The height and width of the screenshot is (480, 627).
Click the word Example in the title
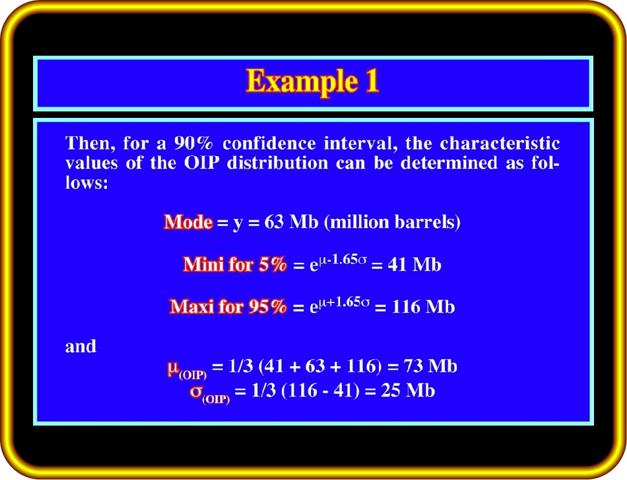[301, 82]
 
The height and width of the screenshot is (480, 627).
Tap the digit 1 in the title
[372, 81]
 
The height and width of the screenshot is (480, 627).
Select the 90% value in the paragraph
[194, 143]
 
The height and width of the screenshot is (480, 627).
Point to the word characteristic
[500, 143]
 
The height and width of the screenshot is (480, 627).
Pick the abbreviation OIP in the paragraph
[201, 163]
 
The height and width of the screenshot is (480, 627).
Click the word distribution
[277, 163]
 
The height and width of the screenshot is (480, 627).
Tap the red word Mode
[188, 222]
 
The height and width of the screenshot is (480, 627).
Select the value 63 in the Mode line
[274, 222]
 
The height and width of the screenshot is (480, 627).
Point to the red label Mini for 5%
[234, 264]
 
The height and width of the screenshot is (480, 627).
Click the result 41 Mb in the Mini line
[415, 265]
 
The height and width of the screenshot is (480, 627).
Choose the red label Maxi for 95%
[228, 306]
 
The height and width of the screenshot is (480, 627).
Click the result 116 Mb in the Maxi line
[423, 307]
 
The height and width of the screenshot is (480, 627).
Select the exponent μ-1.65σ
[342, 259]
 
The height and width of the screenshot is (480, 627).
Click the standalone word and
[81, 347]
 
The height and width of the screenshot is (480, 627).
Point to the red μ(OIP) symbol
[187, 369]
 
